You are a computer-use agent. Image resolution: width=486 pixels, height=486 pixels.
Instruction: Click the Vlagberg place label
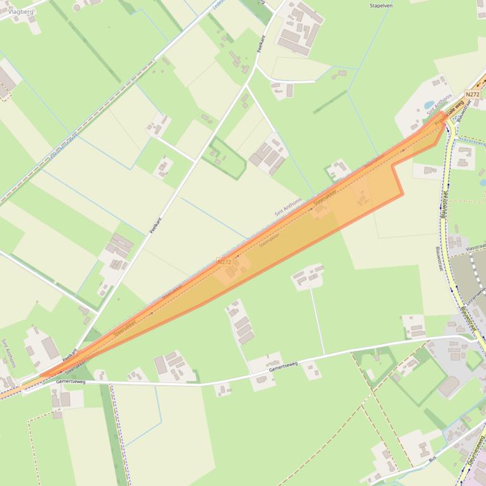point(21,11)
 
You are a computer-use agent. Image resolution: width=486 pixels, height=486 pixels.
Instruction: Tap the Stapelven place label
point(381,6)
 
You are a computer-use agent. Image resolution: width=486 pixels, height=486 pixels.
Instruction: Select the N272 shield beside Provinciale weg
point(472,95)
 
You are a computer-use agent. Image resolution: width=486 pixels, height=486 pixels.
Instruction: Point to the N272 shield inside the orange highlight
point(223,261)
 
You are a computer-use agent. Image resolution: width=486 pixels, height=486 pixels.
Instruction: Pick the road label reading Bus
point(432,459)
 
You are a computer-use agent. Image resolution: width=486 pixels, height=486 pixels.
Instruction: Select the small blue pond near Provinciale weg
point(430,105)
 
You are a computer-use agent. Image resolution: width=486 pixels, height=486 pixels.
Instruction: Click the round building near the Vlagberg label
point(76,7)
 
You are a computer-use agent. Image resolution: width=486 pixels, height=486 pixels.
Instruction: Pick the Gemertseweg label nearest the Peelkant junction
point(70,381)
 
